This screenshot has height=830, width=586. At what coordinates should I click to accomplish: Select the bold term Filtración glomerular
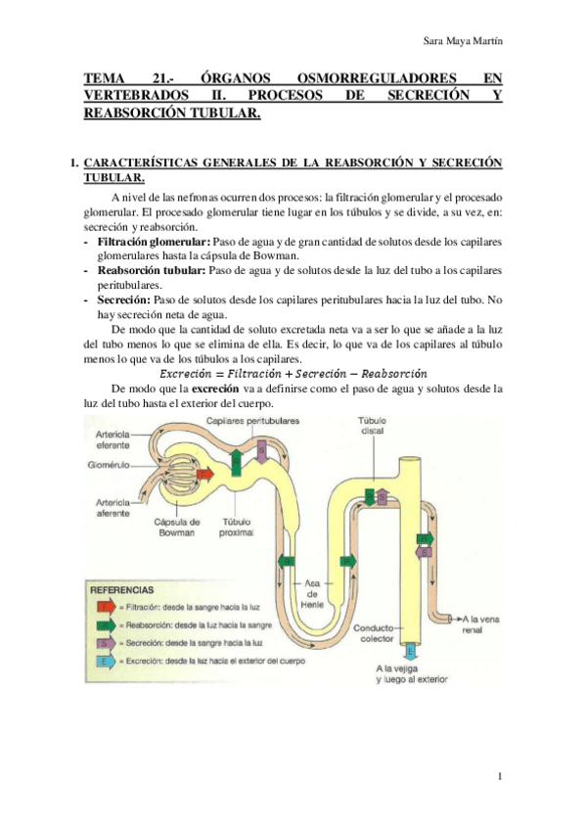[152, 241]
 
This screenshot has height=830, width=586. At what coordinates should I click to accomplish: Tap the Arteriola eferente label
[116, 439]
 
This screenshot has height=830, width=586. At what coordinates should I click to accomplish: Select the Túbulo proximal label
[238, 528]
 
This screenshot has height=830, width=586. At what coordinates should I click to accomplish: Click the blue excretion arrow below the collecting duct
[410, 650]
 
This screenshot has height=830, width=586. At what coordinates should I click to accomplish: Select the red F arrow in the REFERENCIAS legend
[103, 606]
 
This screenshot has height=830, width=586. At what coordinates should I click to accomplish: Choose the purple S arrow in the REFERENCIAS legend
[103, 644]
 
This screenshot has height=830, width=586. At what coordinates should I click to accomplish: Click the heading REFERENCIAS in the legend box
[121, 590]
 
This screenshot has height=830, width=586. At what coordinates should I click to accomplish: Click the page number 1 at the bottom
[499, 776]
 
